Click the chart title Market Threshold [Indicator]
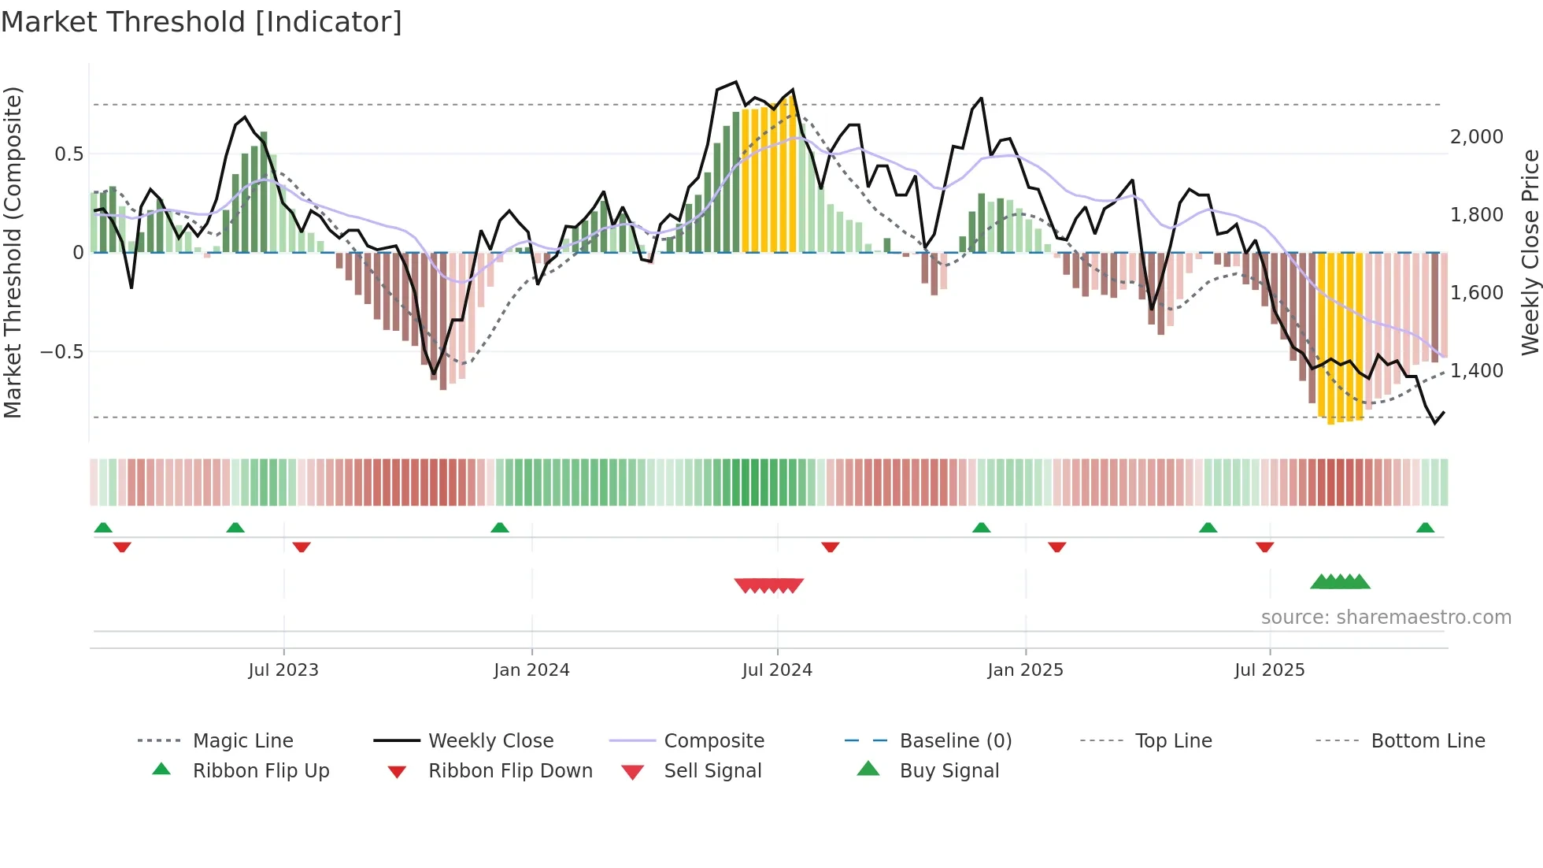coord(202,22)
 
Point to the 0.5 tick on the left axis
coord(68,154)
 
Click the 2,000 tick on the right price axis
coord(1476,137)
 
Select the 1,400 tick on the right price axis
coord(1476,371)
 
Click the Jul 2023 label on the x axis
coord(283,670)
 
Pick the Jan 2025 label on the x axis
coord(1025,670)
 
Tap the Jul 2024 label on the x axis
coord(777,670)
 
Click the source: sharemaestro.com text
coord(1386,618)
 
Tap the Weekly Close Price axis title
coord(1530,252)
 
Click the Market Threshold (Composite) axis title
coord(13,252)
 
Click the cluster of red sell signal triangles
coord(769,585)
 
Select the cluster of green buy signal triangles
coord(1340,582)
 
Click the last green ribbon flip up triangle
coord(1425,528)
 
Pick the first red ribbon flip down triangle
coord(122,547)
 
